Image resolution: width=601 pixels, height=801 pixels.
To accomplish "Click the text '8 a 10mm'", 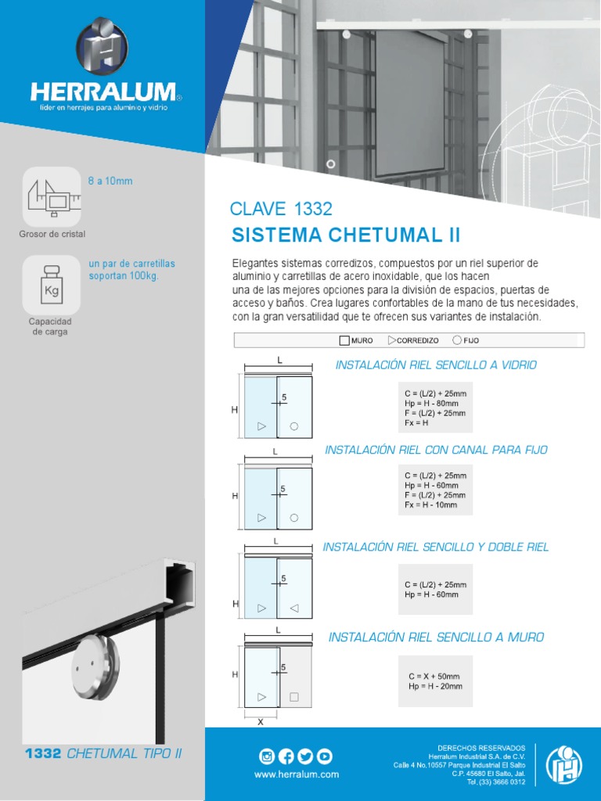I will [x=110, y=181].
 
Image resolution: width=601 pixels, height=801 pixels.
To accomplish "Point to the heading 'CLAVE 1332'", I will [x=281, y=209].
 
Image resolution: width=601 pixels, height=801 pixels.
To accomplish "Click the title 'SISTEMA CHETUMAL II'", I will [x=346, y=235].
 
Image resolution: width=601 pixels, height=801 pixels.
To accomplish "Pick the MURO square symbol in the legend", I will [x=344, y=340].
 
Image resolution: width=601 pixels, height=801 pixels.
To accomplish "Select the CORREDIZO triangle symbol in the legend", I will [x=391, y=340].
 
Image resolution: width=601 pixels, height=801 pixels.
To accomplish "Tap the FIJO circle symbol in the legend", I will [x=457, y=340].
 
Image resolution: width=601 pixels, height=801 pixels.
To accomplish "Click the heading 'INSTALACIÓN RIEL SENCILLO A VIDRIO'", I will [x=436, y=365].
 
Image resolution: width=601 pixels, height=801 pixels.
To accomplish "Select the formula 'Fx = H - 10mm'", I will [x=431, y=505].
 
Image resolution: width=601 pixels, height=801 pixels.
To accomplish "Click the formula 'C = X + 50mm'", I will [x=434, y=676].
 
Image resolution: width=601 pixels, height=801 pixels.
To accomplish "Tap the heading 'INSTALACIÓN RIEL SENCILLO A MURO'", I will [x=436, y=638].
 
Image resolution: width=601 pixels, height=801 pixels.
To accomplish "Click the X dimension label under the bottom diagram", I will [x=260, y=722].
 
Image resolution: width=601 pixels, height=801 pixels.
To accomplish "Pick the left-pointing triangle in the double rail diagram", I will [x=293, y=608].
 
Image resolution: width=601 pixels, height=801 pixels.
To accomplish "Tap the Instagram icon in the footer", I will [x=267, y=756].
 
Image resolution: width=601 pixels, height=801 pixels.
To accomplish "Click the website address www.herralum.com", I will [x=297, y=774].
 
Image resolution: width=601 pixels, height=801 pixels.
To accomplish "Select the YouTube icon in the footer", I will [x=324, y=756].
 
